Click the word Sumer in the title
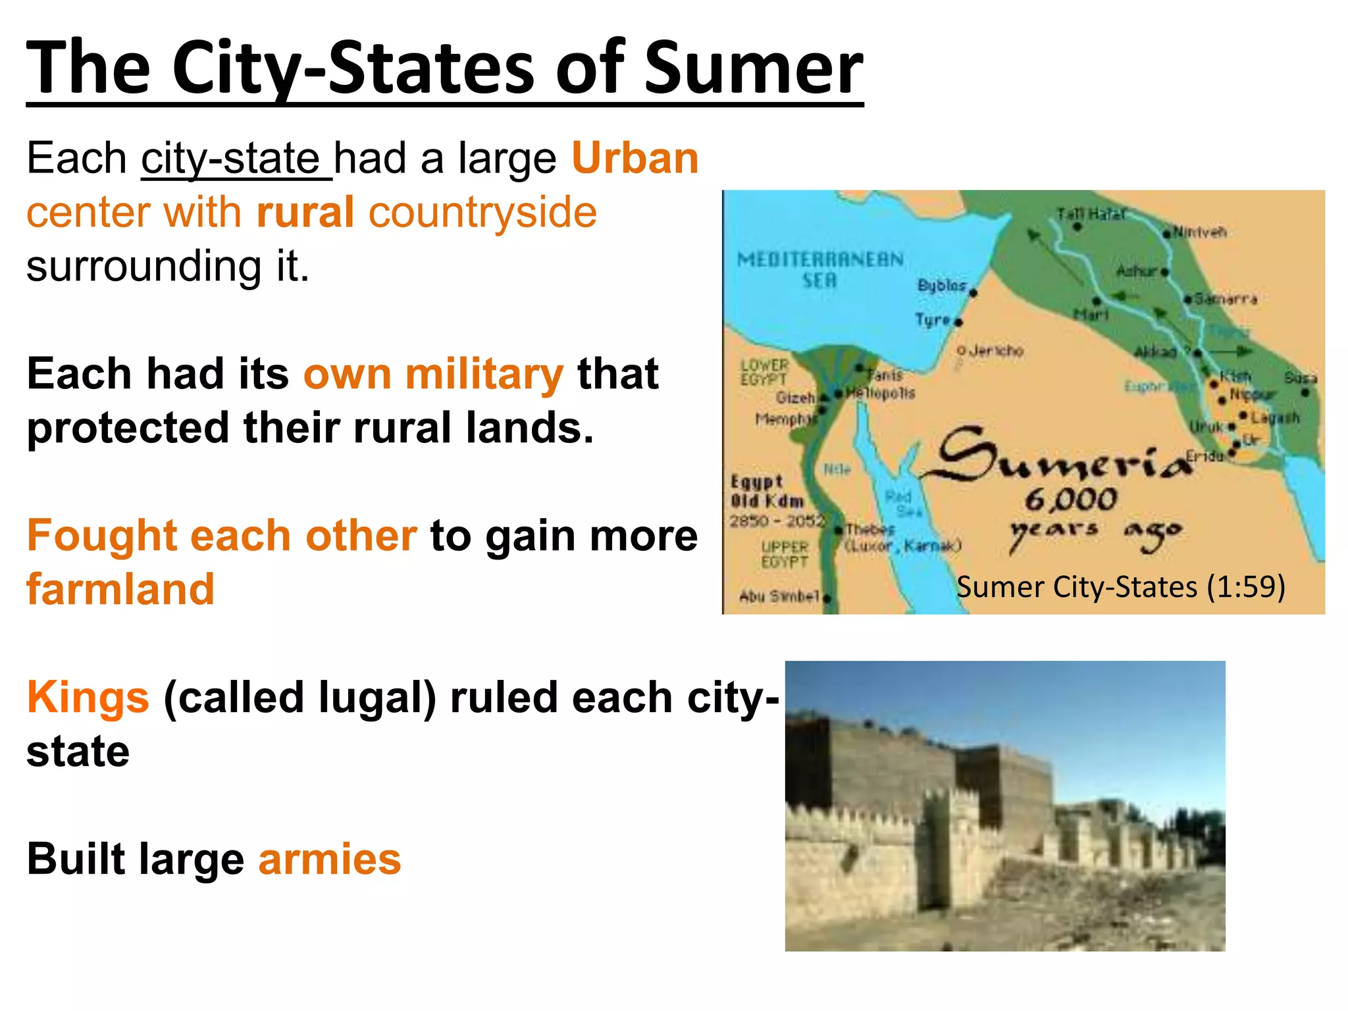(753, 67)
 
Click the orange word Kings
(88, 697)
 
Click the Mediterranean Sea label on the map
(820, 269)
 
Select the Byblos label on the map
(942, 285)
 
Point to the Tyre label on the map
(933, 320)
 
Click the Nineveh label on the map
(1200, 232)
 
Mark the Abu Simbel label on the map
(779, 596)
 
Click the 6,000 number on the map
(1071, 500)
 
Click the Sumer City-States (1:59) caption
(1120, 587)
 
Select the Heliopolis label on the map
(881, 393)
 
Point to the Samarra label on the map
(1226, 299)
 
